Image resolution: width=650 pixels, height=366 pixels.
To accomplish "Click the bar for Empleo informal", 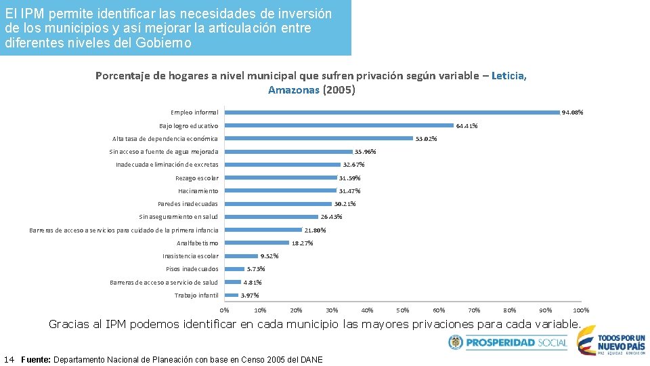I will tap(393, 112).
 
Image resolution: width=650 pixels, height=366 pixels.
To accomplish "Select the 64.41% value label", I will tap(467, 125).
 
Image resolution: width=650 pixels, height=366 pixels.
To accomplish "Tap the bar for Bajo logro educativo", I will tap(339, 125).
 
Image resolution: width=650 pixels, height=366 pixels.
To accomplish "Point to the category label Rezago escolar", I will tap(196, 178).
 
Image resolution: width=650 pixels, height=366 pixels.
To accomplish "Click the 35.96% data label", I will tap(365, 152).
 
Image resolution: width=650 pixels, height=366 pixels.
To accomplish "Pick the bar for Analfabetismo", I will tap(257, 243).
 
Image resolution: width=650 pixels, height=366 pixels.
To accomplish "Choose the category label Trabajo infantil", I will tap(196, 296).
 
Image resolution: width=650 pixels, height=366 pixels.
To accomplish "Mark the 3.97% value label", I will tap(250, 296).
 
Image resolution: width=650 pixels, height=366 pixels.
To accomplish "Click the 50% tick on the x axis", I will tap(403, 310).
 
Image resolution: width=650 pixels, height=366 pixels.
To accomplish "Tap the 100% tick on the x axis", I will tap(581, 310).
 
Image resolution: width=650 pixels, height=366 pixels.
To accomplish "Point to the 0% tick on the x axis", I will tap(225, 310).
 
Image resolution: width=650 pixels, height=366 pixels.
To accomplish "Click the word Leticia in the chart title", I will tap(508, 76).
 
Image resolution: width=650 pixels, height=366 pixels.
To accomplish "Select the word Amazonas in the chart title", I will tap(293, 89).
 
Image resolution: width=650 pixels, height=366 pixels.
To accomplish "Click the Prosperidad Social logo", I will tap(508, 343).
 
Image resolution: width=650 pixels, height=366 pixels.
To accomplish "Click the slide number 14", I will tap(9, 359).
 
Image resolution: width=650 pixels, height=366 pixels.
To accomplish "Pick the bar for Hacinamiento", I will tap(280, 191).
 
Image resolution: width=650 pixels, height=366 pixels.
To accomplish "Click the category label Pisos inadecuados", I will tap(192, 269).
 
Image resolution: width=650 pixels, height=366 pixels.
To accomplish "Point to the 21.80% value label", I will tap(315, 230).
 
